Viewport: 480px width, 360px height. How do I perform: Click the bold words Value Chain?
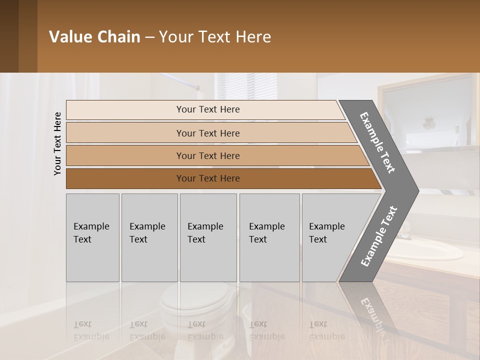[x=94, y=37]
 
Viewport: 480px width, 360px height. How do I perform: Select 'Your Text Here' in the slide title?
[x=215, y=37]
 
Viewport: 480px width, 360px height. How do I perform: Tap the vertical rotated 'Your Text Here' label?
[x=57, y=143]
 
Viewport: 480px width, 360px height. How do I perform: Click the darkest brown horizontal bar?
[x=220, y=178]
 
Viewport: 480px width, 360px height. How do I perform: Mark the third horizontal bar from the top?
[x=215, y=155]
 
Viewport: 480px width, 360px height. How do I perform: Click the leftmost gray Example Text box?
[x=92, y=237]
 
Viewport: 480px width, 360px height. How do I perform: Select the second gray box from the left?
[x=149, y=237]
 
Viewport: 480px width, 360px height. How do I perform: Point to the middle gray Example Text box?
[x=208, y=237]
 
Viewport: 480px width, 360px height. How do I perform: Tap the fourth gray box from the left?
[x=269, y=237]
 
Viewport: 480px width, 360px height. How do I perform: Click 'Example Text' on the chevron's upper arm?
[x=378, y=142]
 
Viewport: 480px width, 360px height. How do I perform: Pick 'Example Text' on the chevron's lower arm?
[x=378, y=236]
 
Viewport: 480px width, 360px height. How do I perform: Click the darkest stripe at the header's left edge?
[x=9, y=36]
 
